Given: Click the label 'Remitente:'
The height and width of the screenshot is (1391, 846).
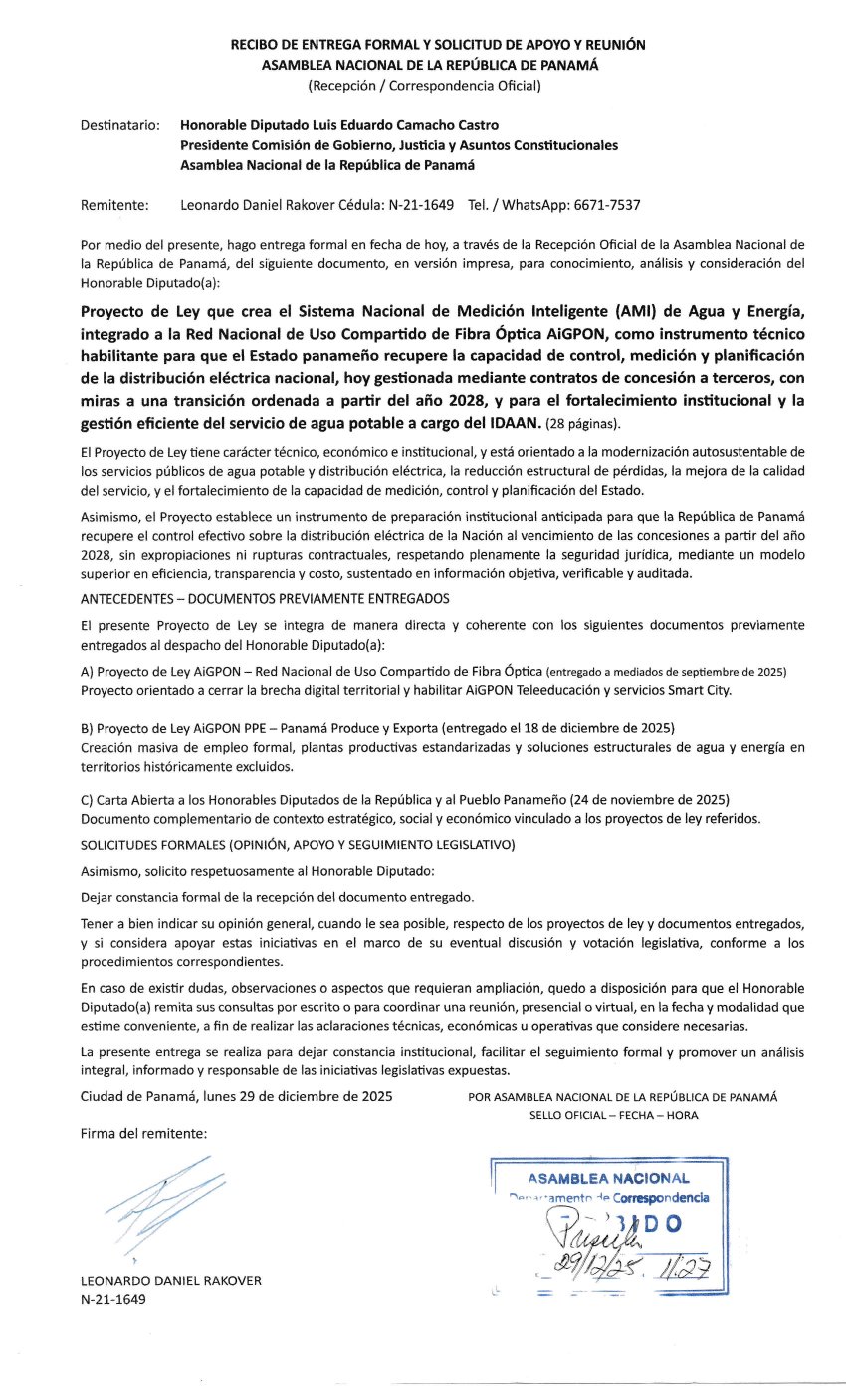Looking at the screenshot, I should click(113, 206).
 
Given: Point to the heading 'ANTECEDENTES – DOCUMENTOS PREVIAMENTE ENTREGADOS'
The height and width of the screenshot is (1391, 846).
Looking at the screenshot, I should click(265, 598).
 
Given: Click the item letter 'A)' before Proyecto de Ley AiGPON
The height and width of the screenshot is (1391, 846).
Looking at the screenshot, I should click(88, 672).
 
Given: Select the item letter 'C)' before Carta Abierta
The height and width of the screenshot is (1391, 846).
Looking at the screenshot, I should click(87, 801).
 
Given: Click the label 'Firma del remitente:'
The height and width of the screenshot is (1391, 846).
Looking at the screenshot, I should click(143, 1134).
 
